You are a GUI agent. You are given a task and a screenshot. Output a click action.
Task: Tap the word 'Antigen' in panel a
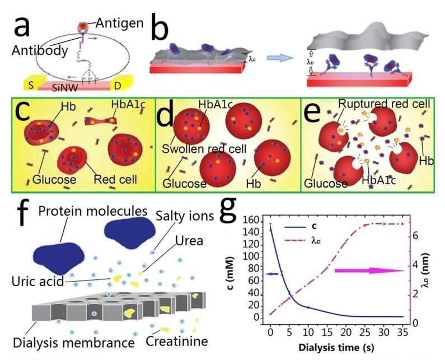pyautogui.click(x=121, y=23)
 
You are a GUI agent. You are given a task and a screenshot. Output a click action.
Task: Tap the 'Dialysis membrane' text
pyautogui.click(x=68, y=340)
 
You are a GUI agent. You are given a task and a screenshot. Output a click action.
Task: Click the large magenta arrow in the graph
pyautogui.click(x=369, y=271)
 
